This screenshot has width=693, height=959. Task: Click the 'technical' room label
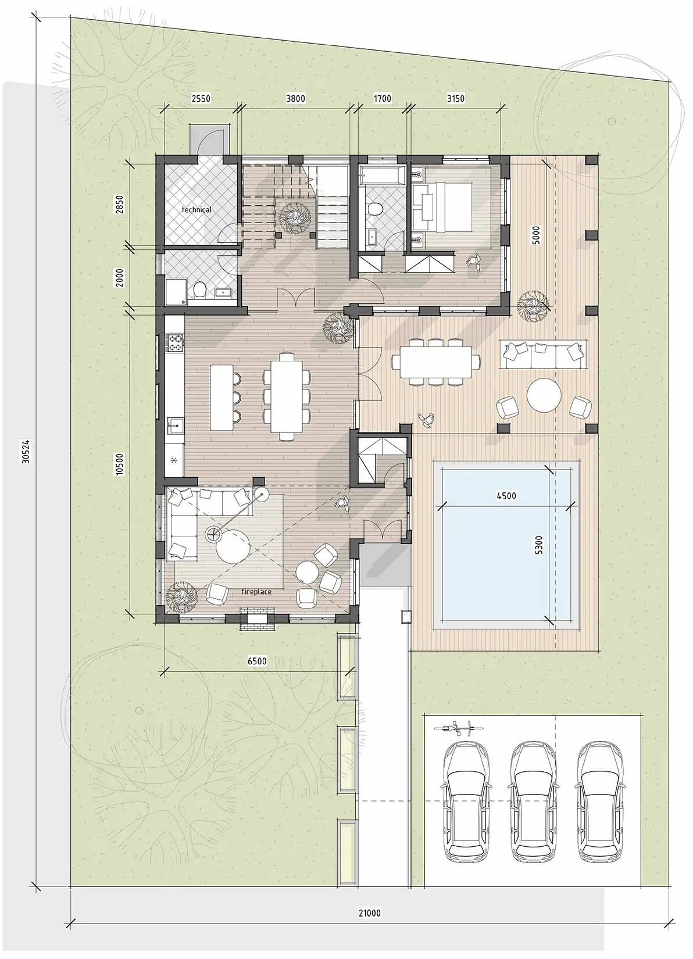[197, 210]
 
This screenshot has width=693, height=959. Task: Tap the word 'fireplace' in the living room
[256, 592]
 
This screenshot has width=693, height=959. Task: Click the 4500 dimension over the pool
[506, 496]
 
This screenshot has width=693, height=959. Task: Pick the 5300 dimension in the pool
[539, 545]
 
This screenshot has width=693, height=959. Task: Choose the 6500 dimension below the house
[257, 661]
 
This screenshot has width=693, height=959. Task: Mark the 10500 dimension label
[120, 464]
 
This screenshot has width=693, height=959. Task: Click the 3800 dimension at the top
[295, 99]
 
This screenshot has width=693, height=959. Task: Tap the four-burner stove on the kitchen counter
[176, 341]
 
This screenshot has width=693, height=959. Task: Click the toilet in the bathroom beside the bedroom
[375, 209]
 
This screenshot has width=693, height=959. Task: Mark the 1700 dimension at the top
[383, 99]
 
